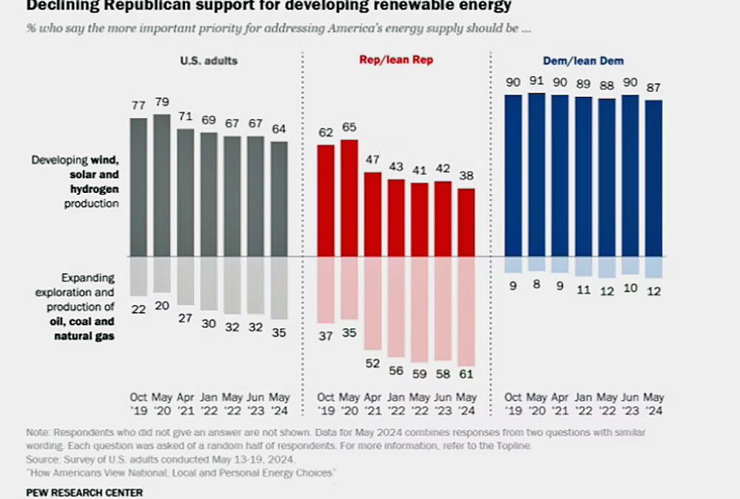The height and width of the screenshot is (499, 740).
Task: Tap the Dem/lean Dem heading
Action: pyautogui.click(x=585, y=61)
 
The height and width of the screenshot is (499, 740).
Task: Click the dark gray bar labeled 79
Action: pyautogui.click(x=162, y=185)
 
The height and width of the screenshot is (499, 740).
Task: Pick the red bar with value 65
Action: pyautogui.click(x=350, y=198)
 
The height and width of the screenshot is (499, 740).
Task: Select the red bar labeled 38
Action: pyautogui.click(x=466, y=223)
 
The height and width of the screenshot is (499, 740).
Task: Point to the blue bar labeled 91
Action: pyautogui.click(x=537, y=174)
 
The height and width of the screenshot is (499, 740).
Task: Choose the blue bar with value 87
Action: pyautogui.click(x=653, y=178)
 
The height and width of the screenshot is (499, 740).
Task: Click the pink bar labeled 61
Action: pyautogui.click(x=466, y=310)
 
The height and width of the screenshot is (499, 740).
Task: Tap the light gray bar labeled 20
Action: pyautogui.click(x=162, y=274)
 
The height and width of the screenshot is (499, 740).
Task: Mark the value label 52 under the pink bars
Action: pyautogui.click(x=374, y=364)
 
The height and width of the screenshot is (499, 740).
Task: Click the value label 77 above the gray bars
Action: pyautogui.click(x=139, y=106)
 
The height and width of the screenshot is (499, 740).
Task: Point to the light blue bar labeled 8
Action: pyautogui.click(x=537, y=264)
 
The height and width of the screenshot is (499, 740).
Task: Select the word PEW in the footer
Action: pyautogui.click(x=38, y=492)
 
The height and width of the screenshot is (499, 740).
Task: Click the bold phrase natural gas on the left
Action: pyautogui.click(x=92, y=336)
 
